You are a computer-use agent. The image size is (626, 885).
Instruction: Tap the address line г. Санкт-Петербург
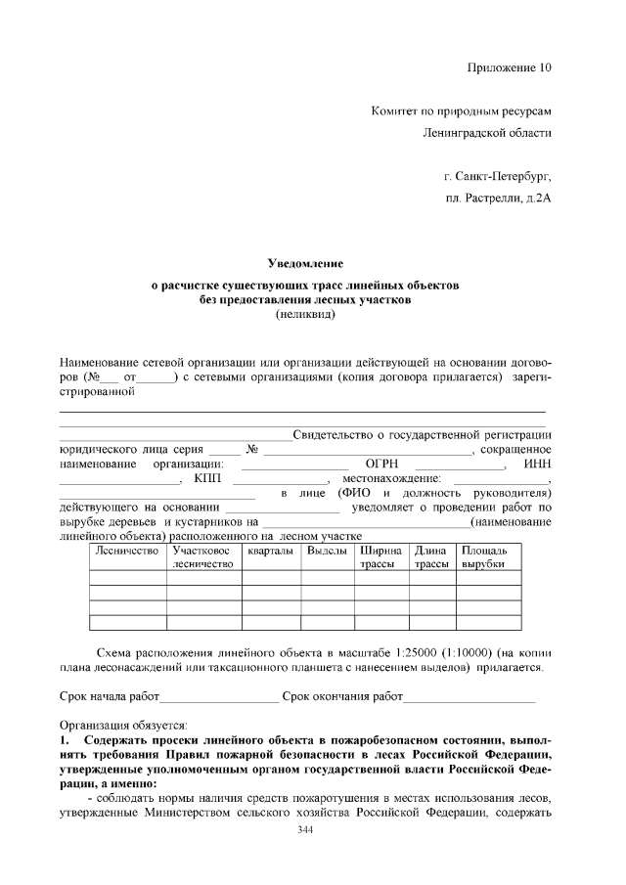tap(497, 177)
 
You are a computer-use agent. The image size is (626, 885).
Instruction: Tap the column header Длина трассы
tap(431, 558)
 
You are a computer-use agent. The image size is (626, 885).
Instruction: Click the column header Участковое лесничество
tap(203, 558)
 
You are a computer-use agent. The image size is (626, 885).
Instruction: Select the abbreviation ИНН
tap(538, 465)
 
